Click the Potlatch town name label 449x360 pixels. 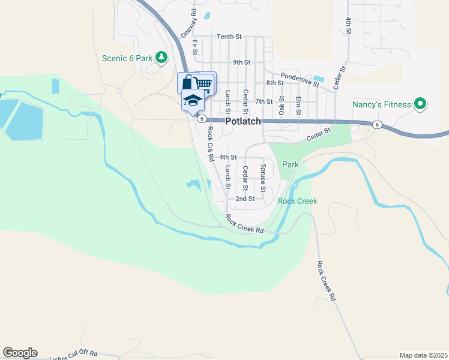tap(244, 121)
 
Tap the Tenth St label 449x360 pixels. tap(229, 37)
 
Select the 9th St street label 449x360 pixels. tap(241, 62)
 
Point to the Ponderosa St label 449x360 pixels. tap(300, 80)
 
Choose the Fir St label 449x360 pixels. tap(195, 47)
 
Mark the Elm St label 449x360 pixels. tap(298, 106)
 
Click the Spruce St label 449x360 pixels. tap(263, 174)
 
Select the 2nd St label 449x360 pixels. tap(245, 199)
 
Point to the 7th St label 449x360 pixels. tap(264, 101)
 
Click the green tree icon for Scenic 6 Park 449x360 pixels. tap(161, 58)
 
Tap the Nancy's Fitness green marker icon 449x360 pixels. tap(420, 105)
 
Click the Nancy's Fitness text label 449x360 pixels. tap(382, 105)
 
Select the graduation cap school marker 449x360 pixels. tap(193, 100)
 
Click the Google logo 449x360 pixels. tap(20, 353)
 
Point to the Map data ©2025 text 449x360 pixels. tap(423, 355)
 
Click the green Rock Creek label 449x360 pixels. tap(297, 201)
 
